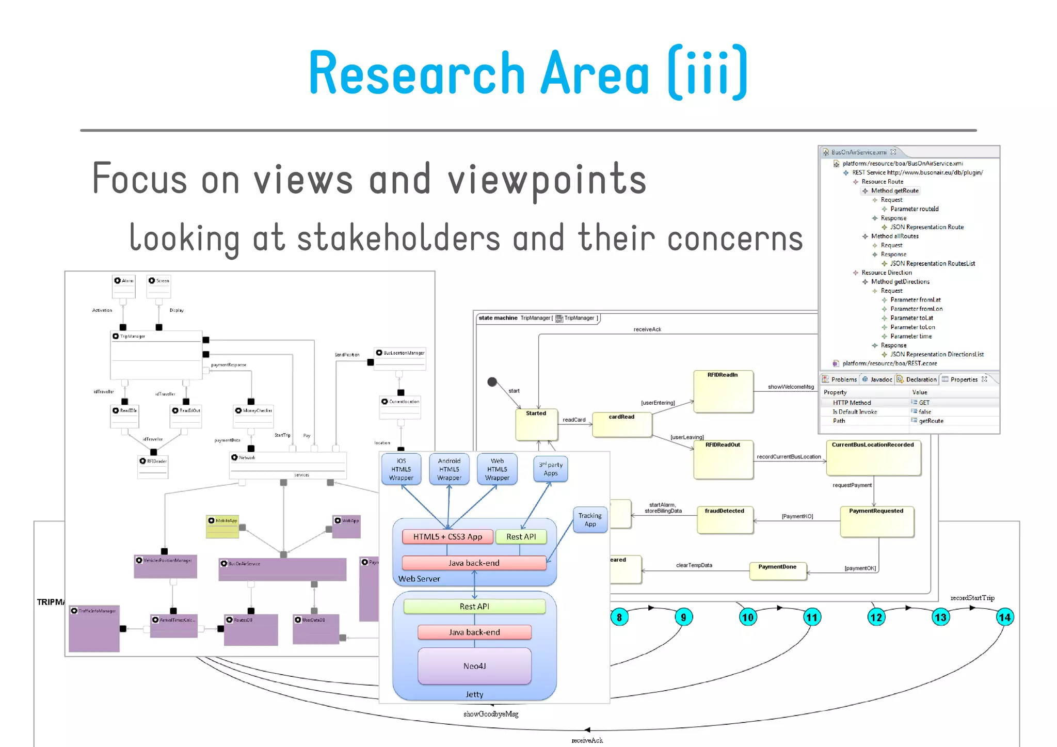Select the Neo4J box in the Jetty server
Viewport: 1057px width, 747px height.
pos(474,666)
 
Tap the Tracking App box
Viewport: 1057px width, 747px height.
pos(590,520)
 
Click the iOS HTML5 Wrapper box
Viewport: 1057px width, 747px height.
pos(401,469)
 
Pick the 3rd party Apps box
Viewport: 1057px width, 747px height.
pos(551,469)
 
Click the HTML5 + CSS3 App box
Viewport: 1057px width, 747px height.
pos(447,537)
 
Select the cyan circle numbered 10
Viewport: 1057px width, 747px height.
pos(747,617)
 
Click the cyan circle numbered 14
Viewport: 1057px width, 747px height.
pos(1004,617)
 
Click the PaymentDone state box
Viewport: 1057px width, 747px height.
pos(777,571)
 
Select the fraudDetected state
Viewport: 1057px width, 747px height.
pos(724,519)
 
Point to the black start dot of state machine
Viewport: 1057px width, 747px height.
pos(492,382)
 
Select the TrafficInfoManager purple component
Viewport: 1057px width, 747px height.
pos(94,628)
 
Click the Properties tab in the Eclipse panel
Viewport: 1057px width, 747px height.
pos(964,379)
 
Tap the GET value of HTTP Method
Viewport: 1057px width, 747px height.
pos(924,403)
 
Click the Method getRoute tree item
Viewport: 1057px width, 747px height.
pos(894,190)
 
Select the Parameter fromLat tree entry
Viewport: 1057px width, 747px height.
pos(915,300)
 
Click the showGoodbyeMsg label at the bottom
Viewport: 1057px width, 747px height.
pos(490,714)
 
